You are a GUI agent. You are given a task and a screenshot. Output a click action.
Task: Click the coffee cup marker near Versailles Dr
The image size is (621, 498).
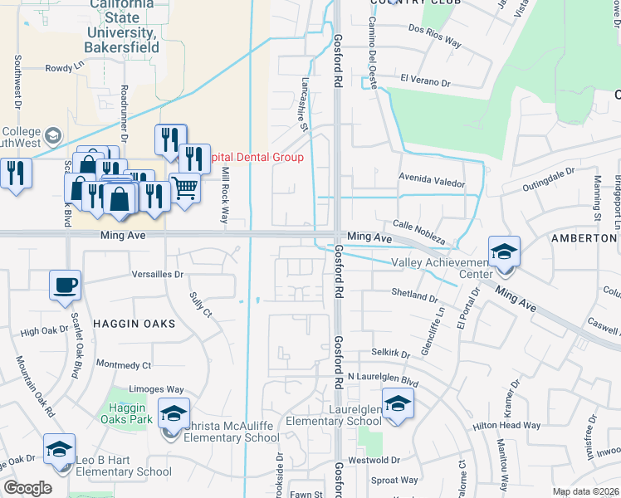(x=65, y=286)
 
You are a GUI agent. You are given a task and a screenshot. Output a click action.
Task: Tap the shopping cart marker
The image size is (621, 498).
(x=184, y=188)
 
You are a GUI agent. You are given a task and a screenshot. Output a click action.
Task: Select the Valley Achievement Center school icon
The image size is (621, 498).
(x=504, y=251)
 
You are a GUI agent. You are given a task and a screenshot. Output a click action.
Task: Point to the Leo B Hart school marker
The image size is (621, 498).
(x=59, y=449)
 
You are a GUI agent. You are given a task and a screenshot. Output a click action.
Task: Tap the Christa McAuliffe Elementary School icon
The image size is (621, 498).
(x=174, y=413)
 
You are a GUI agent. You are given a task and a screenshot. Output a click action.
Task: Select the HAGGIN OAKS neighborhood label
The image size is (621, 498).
(x=134, y=322)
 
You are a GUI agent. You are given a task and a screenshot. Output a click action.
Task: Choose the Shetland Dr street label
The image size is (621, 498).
(x=414, y=295)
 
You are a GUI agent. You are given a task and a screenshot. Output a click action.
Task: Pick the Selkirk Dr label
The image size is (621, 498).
(x=390, y=353)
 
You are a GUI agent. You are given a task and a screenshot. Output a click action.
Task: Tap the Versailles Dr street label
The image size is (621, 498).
(x=156, y=274)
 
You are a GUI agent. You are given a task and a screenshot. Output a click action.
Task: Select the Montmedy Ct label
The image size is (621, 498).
(x=124, y=364)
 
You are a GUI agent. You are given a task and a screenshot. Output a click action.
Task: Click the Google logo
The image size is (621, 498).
(x=27, y=488)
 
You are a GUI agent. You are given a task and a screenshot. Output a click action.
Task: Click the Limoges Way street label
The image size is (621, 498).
(x=157, y=389)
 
